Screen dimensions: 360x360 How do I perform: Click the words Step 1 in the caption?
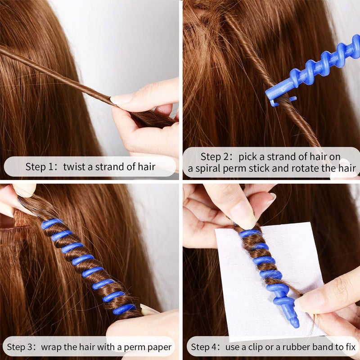[41, 167]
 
